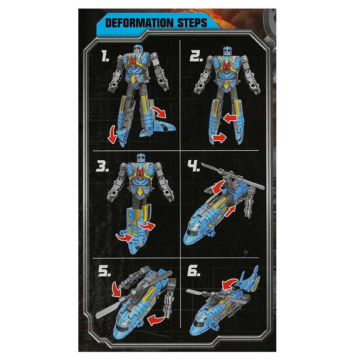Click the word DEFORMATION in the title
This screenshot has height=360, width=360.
139,23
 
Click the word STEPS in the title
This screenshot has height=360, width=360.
192,23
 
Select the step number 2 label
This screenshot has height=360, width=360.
196,56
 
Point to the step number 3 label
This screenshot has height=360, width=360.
102,166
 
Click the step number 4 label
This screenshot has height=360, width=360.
194,166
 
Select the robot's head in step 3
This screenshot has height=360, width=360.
141,159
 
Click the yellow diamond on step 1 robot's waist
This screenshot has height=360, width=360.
133,80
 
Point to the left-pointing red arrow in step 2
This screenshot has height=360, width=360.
230,118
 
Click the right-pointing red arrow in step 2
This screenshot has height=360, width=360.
220,138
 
